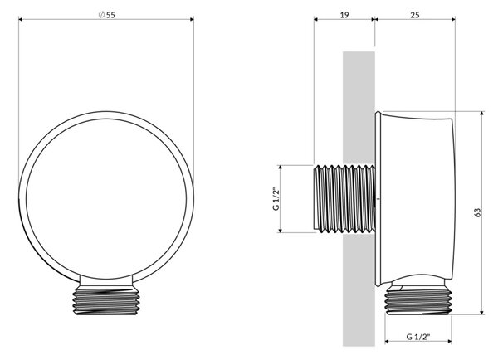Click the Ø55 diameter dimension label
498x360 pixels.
(x=107, y=15)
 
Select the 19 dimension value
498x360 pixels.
(x=344, y=15)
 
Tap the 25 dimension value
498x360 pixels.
(x=415, y=15)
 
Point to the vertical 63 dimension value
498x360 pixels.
(x=477, y=212)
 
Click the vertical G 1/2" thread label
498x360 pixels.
(x=276, y=199)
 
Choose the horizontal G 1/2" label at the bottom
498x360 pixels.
(x=418, y=337)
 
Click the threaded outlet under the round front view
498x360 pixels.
(x=106, y=300)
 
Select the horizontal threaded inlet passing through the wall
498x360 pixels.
(x=344, y=199)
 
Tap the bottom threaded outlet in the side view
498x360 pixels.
(x=418, y=300)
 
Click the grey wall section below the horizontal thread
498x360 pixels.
(x=359, y=289)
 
